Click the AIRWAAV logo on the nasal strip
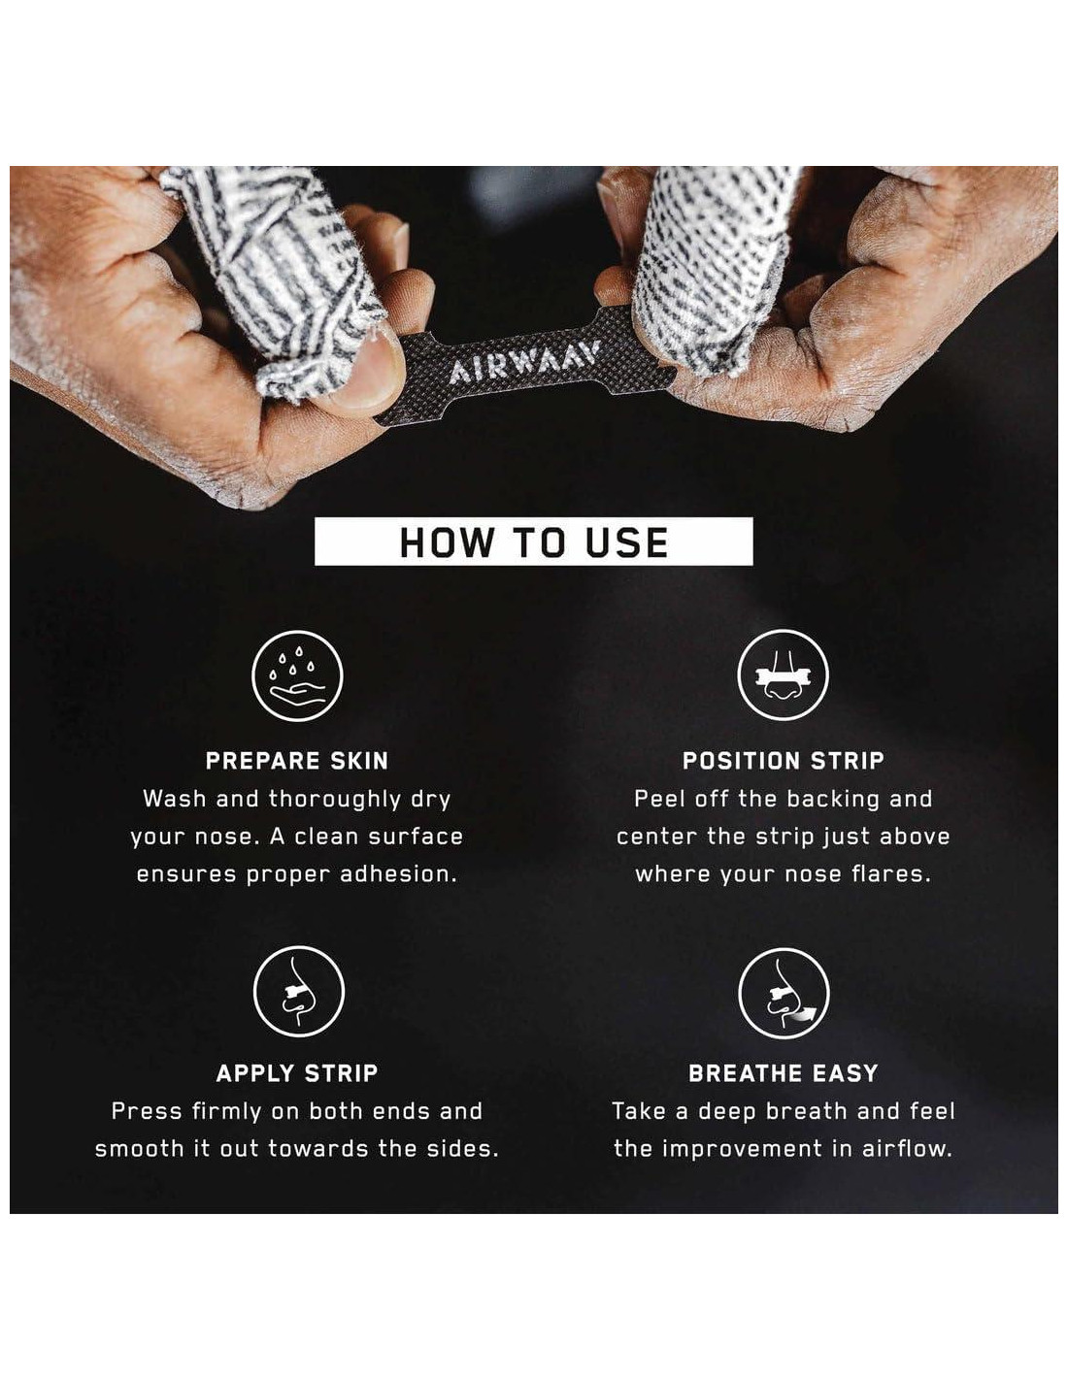[x=524, y=363]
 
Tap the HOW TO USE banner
[x=533, y=542]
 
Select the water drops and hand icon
[x=297, y=675]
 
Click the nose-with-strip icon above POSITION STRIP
[x=783, y=674]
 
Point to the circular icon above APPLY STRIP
[x=299, y=992]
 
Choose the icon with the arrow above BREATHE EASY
[x=784, y=993]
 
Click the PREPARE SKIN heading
[x=297, y=761]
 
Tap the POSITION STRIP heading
[x=783, y=761]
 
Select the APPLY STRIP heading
[x=297, y=1072]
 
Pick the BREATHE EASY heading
[x=783, y=1072]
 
